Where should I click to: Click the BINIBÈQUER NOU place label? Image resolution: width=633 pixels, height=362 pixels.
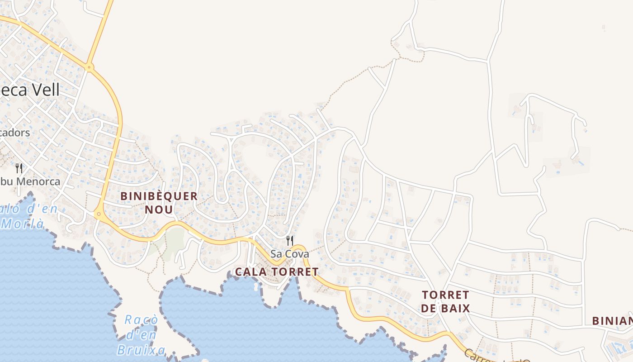[159, 203]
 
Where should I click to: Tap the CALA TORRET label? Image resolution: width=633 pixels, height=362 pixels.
[277, 272]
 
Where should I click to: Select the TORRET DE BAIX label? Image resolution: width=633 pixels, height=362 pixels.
[445, 302]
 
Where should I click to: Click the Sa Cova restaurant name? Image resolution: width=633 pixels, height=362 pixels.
[290, 254]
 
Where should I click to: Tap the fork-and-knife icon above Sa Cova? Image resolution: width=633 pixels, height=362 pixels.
[290, 240]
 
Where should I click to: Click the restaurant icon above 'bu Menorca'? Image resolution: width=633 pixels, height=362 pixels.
[19, 168]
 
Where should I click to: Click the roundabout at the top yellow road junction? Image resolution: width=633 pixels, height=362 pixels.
[90, 68]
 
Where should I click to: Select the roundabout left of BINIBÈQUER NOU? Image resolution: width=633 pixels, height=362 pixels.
[98, 213]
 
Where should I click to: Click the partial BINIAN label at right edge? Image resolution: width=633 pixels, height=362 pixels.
[613, 321]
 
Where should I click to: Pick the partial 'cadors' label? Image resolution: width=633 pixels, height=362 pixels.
[15, 133]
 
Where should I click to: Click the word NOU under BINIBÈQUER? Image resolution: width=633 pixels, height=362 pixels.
[159, 210]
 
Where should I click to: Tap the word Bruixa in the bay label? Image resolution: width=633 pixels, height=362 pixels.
[141, 350]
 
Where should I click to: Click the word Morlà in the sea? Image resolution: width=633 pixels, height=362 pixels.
[23, 224]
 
